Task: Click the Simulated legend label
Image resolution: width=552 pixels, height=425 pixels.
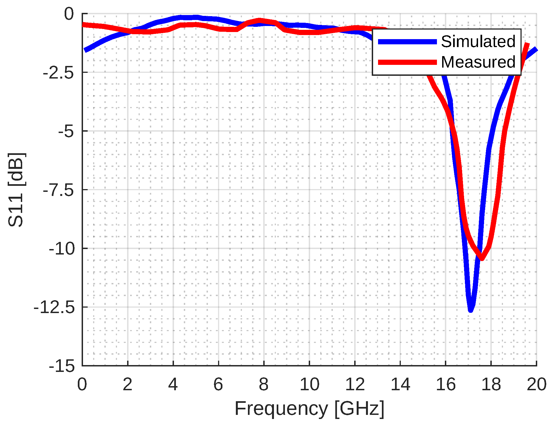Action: [478, 42]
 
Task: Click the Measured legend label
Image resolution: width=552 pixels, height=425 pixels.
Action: [478, 62]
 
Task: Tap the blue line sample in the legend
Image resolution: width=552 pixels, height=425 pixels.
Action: [407, 42]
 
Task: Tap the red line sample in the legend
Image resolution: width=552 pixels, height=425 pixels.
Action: [407, 62]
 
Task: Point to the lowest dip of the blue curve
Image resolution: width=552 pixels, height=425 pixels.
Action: [471, 310]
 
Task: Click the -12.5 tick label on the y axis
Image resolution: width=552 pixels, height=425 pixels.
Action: [54, 308]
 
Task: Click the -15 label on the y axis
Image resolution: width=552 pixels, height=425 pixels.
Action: [62, 366]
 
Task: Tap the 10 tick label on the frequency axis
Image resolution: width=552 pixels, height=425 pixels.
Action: [309, 384]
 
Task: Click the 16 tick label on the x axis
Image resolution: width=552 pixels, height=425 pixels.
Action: [446, 384]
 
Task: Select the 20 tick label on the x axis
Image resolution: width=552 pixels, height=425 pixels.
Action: [536, 384]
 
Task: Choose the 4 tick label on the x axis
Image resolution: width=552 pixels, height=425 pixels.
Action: [173, 384]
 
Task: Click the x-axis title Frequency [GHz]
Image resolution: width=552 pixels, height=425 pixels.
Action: [309, 409]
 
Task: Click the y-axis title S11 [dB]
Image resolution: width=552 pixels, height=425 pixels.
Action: [16, 190]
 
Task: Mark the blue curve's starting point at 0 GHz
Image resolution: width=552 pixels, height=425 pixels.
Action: [85, 50]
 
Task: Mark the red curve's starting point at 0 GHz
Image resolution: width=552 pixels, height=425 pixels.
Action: [84, 25]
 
